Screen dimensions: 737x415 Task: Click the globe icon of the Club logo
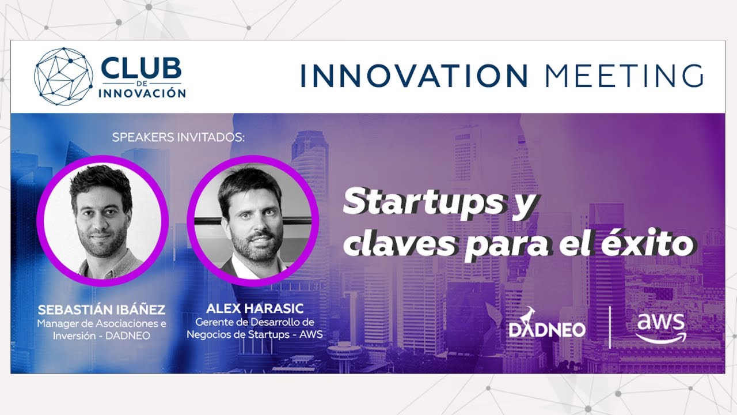(x=63, y=77)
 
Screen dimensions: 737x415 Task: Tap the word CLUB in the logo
(x=142, y=68)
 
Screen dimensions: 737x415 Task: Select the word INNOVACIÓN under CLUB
(x=142, y=93)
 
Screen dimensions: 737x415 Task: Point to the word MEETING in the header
(x=625, y=76)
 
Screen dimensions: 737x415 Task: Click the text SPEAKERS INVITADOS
(x=178, y=137)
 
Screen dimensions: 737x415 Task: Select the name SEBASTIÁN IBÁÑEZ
(x=101, y=310)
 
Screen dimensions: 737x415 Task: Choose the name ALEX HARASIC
(x=254, y=308)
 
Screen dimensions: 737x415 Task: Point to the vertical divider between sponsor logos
(x=610, y=327)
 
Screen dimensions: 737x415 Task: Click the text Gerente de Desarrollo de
(x=254, y=322)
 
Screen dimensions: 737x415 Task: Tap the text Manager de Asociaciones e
(x=101, y=323)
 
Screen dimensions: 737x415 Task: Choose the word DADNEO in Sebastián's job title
(x=128, y=336)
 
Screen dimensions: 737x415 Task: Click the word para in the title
(x=508, y=246)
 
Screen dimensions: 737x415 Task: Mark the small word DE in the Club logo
(x=141, y=84)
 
